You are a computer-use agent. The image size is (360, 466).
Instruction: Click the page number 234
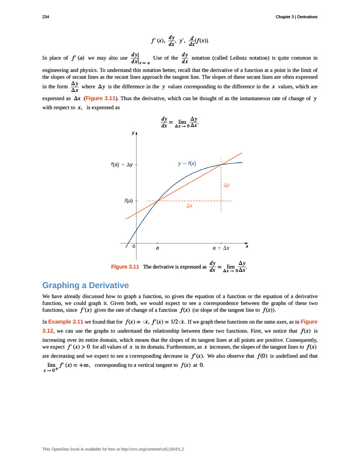46,17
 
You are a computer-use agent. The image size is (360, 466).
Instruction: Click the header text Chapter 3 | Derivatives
296,17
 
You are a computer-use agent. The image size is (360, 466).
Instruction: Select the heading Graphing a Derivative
86,285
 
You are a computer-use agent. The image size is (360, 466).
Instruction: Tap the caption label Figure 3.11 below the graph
125,267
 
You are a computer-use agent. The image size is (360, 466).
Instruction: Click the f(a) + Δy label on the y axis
122,164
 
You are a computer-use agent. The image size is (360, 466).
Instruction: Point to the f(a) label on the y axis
128,201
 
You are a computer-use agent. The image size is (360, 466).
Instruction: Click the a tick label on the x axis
157,248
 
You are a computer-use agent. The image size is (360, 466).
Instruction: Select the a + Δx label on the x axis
221,248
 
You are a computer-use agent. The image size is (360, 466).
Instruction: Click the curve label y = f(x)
187,163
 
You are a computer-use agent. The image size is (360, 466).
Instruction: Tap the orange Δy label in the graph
226,185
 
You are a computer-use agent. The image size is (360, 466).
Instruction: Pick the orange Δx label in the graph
189,206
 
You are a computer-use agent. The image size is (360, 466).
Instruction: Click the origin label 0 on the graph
134,246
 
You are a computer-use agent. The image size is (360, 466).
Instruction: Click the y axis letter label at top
133,133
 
